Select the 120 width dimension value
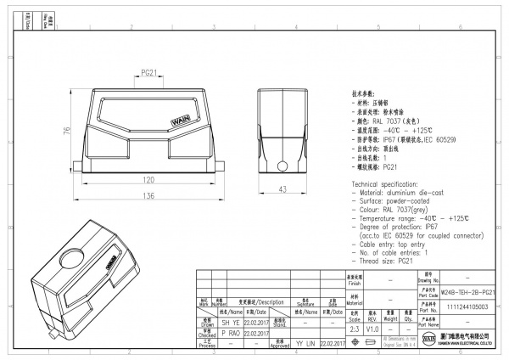tap(148, 180)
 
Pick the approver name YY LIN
tap(306, 344)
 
